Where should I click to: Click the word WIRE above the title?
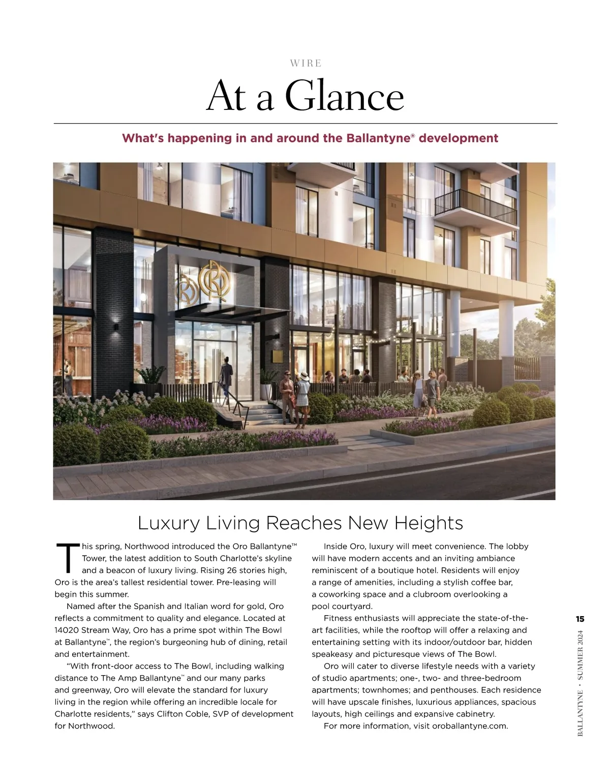coord(306,64)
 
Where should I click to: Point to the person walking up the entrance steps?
coord(226,376)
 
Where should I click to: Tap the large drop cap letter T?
coord(67,559)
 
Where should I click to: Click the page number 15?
coord(580,619)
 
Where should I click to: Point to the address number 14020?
coord(65,630)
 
